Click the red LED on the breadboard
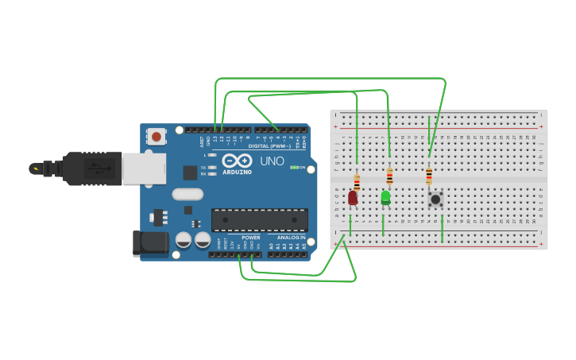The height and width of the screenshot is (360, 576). tap(353, 198)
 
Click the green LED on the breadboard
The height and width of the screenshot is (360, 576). tap(385, 196)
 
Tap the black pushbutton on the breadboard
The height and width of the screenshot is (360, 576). tap(435, 199)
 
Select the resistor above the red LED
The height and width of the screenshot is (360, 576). tap(357, 183)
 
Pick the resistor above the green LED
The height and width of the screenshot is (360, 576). tap(389, 176)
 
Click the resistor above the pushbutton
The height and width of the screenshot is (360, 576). tap(429, 176)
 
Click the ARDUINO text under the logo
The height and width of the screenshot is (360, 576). tap(237, 172)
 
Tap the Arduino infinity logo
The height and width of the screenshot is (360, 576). tap(237, 161)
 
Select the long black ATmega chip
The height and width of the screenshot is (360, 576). tap(259, 220)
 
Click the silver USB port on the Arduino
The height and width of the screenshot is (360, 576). tap(143, 168)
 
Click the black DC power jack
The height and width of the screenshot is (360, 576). tap(150, 243)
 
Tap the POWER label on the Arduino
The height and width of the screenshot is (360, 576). tap(251, 238)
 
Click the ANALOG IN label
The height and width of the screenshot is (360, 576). tap(291, 238)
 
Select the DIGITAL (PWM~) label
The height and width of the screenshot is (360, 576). tap(269, 145)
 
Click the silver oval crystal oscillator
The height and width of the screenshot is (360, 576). tap(187, 194)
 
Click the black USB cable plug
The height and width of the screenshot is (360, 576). tap(91, 168)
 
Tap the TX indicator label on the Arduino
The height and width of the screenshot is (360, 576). tap(203, 168)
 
